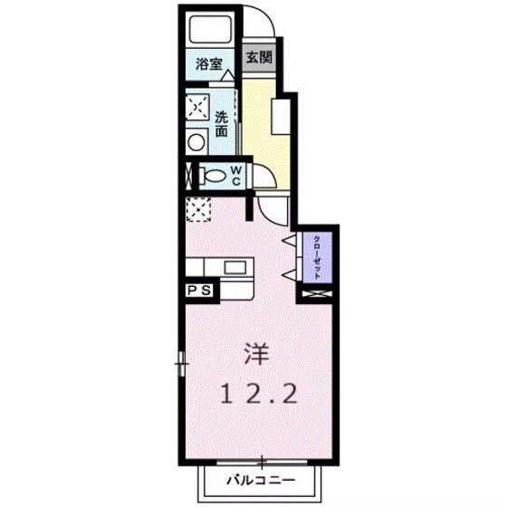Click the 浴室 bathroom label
pos(209,63)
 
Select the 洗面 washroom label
pos(222,123)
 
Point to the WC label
pos(234,175)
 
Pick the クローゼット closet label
pos(317,256)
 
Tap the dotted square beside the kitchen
pos(197,209)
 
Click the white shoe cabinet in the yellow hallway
pos(283,115)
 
